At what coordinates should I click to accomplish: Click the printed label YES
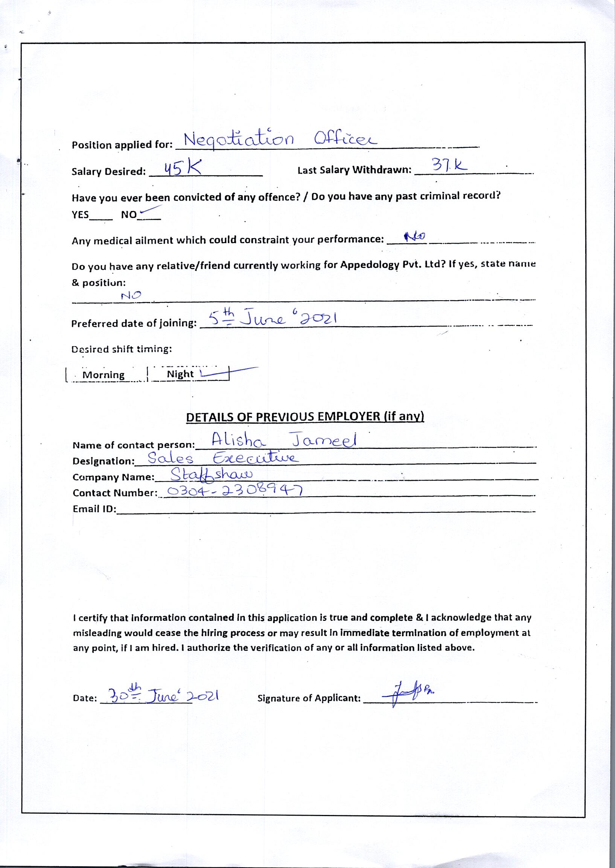pos(80,215)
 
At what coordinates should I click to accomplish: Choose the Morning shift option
pos(104,375)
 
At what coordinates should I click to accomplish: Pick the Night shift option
pos(180,374)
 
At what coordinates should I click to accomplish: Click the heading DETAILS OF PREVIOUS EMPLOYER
pos(305,417)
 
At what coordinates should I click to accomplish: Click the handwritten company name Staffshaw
pos(212,475)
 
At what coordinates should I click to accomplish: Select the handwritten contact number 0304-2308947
pos(235,491)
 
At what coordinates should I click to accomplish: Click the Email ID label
pos(94,509)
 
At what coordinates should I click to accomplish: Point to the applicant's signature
pos(407,695)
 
